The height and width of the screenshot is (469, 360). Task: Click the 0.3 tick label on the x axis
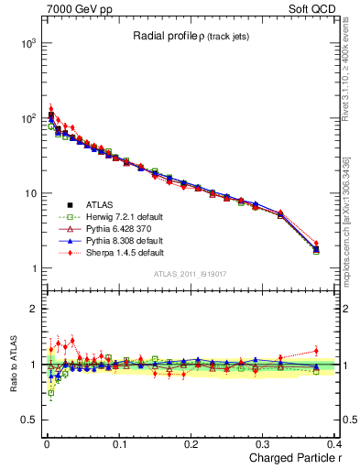coord(264,442)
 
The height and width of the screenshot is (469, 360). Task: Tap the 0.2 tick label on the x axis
coord(191,442)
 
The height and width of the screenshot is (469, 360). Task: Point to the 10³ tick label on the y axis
coord(28,43)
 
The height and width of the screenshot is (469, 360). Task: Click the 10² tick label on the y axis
coord(28,118)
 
